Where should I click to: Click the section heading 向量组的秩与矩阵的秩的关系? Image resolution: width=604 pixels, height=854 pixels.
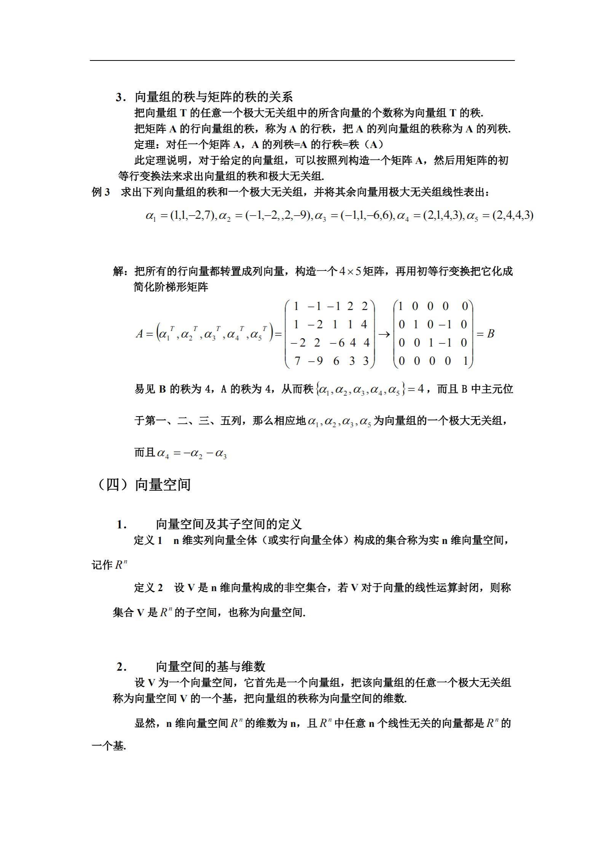(x=214, y=97)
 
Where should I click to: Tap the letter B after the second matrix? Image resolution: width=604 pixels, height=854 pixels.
(x=491, y=334)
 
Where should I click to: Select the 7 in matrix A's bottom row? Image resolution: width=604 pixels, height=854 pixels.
(x=297, y=361)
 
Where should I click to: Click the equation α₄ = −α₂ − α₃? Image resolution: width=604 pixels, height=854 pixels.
(x=191, y=453)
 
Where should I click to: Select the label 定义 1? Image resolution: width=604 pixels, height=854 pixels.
(x=148, y=540)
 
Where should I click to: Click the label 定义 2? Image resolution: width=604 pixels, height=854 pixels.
(x=148, y=588)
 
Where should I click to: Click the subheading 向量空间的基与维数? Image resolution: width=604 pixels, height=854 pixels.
(x=210, y=666)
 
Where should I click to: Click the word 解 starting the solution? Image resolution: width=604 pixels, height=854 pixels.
(x=118, y=272)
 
